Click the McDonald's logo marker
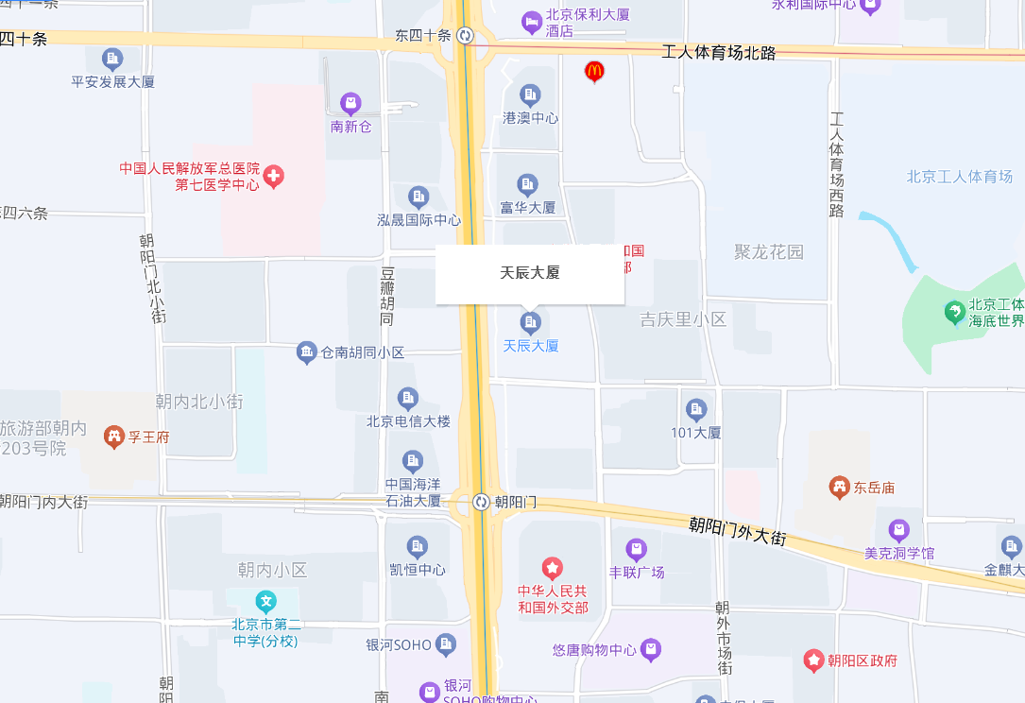coord(593,70)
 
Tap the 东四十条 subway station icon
coord(465,36)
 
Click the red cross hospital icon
coord(273,176)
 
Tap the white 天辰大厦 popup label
coord(530,273)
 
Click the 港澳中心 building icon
coord(530,94)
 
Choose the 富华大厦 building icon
coord(528,184)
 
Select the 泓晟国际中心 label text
coord(419,220)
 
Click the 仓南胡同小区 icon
coord(306,352)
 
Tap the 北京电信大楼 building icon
coord(408,398)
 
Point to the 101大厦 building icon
coord(696,409)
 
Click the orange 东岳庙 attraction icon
coord(838,488)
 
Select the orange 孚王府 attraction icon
coord(114,437)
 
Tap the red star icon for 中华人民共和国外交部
coord(553,568)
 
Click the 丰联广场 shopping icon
coord(637,549)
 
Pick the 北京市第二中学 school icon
coord(266,601)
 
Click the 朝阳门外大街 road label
coord(737,529)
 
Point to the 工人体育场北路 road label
coord(719,53)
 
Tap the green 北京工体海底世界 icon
coord(954,310)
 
